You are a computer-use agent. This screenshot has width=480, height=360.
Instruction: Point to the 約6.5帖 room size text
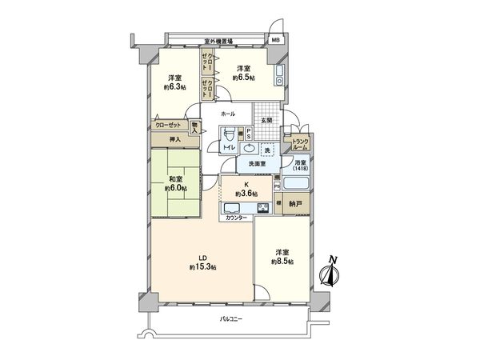[x=244, y=78]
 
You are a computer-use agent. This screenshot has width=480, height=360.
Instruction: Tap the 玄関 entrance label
[x=266, y=121]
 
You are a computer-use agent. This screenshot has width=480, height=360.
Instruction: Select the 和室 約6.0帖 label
[x=176, y=183]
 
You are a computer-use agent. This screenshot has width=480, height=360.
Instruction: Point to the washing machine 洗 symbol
[x=268, y=150]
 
